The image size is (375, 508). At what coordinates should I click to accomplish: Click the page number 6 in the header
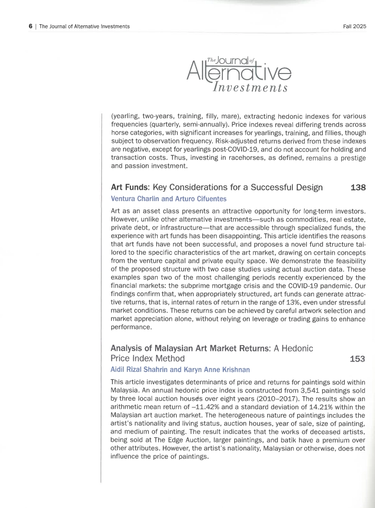(x=30, y=26)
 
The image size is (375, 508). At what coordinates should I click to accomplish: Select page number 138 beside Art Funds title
(x=358, y=188)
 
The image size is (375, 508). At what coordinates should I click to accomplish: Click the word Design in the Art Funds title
(x=306, y=188)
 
